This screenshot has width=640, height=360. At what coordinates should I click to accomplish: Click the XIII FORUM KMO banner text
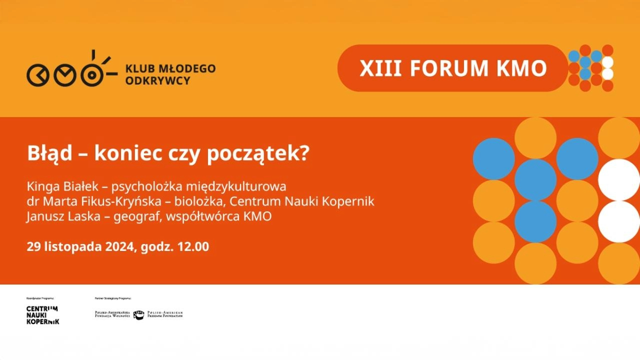[x=453, y=68]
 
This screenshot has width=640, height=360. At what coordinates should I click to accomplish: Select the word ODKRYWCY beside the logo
[x=158, y=80]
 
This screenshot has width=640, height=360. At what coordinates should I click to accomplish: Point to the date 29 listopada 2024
[x=80, y=246]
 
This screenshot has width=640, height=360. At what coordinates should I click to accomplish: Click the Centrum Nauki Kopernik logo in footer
[x=42, y=315]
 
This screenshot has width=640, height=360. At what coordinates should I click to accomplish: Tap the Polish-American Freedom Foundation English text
[x=165, y=314]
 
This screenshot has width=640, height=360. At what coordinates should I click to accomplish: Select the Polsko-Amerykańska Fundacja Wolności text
[x=112, y=314]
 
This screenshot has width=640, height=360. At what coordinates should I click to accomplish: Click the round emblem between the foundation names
[x=138, y=315]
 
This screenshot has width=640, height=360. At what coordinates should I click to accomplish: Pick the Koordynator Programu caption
[x=40, y=298]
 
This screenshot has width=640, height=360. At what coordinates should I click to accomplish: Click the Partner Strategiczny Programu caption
[x=112, y=298]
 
